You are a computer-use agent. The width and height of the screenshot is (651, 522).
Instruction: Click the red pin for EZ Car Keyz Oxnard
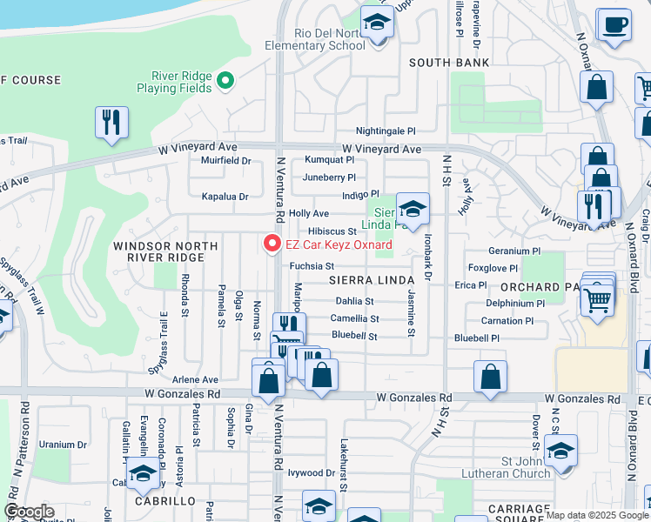click(x=272, y=244)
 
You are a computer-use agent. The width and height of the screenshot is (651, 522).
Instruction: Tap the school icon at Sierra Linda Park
click(x=413, y=208)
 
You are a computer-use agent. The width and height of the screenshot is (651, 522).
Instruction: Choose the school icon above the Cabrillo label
click(x=144, y=473)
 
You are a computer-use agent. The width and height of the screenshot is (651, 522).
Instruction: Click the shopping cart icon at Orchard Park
click(x=597, y=299)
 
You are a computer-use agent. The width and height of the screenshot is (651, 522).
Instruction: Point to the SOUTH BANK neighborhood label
click(x=449, y=63)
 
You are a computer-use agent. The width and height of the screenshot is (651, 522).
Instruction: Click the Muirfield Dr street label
click(x=225, y=160)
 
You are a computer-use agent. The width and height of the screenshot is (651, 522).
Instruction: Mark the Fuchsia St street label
click(x=312, y=265)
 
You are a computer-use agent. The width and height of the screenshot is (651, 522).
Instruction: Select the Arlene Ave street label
click(x=195, y=379)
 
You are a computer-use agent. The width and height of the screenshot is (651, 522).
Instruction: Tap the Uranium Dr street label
click(x=63, y=445)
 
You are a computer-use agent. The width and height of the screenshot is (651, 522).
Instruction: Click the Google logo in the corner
click(x=30, y=512)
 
